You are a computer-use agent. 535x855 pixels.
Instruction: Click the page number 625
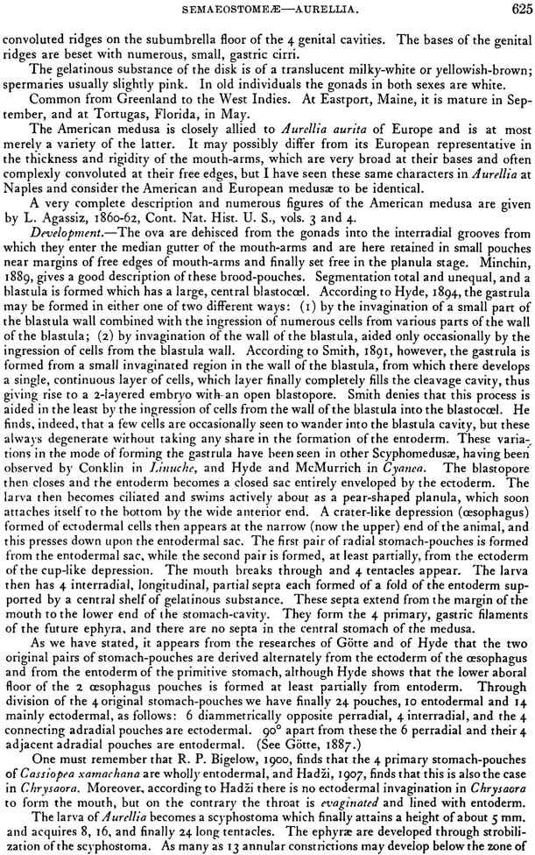[518, 8]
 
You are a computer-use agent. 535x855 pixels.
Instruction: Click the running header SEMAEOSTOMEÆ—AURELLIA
[266, 8]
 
